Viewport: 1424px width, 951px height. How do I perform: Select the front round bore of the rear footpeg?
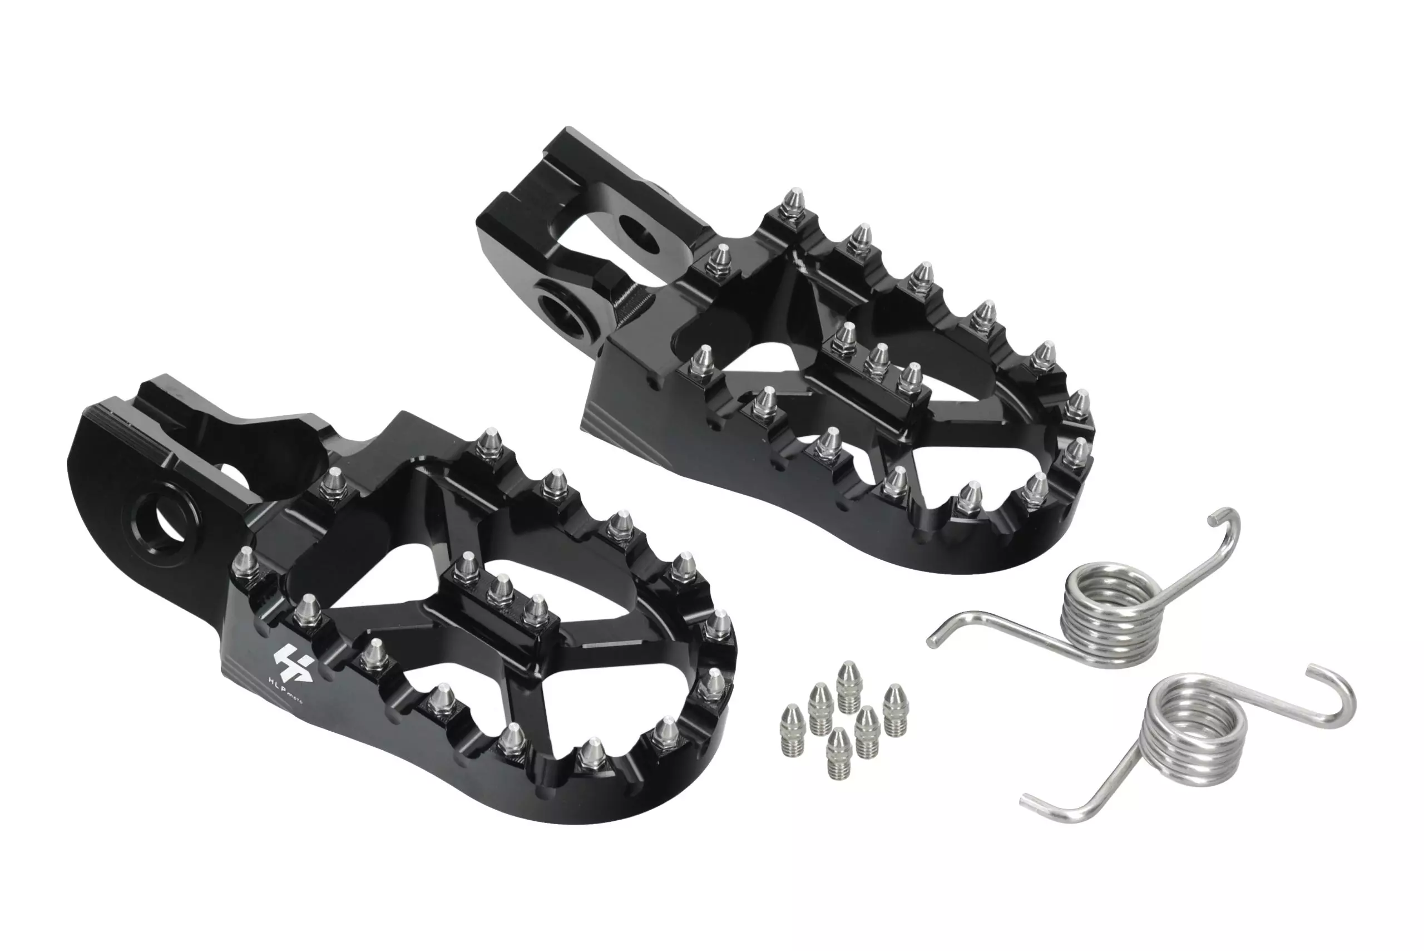coord(567,312)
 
